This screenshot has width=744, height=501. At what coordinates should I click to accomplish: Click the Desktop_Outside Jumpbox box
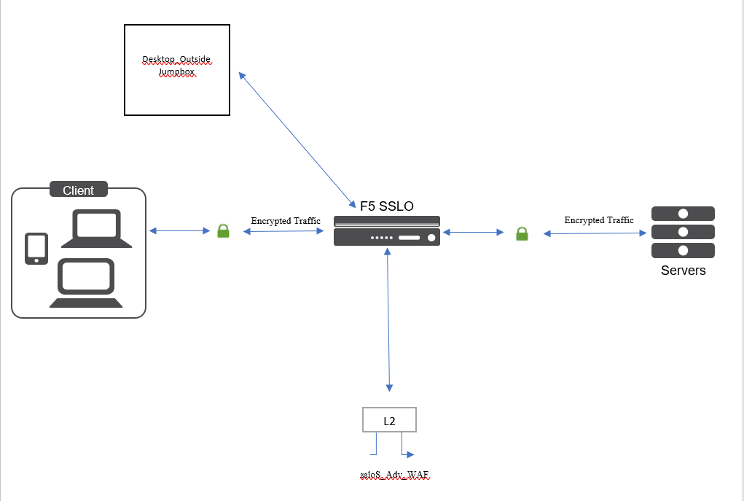(177, 70)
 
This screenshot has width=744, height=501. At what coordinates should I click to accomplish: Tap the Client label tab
(78, 190)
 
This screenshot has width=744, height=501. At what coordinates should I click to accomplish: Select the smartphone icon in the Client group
(36, 249)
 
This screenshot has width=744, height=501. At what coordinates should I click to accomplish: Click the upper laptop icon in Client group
(96, 230)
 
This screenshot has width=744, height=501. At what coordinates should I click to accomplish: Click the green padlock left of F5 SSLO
(224, 231)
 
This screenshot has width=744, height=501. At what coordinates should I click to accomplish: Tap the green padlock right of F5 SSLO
(522, 233)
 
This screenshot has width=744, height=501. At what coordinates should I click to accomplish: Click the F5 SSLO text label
(386, 206)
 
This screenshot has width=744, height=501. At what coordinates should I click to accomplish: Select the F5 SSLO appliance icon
(387, 231)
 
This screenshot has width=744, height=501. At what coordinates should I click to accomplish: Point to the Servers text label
(683, 271)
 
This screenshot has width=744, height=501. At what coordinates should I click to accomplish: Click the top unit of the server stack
(683, 214)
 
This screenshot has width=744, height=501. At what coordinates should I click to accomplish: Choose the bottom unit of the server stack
(683, 250)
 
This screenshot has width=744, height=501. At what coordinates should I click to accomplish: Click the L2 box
(389, 420)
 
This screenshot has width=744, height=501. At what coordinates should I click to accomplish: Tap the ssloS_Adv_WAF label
(394, 475)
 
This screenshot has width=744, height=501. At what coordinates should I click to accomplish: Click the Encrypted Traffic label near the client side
(286, 221)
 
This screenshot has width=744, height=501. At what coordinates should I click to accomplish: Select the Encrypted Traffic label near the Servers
(599, 220)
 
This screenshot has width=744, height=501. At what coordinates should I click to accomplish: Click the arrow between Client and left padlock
(179, 231)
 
